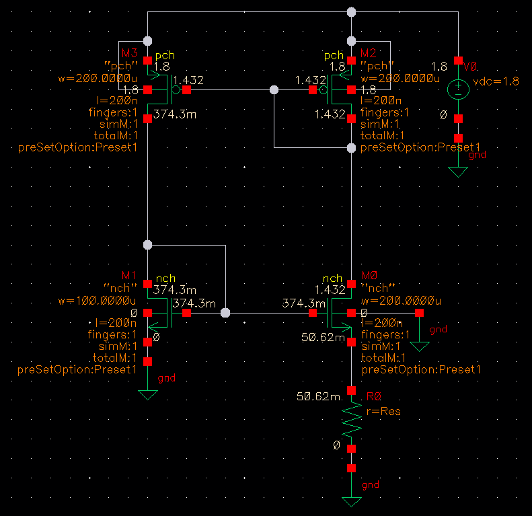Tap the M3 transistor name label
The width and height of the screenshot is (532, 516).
128,53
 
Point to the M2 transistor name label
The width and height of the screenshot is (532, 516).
369,53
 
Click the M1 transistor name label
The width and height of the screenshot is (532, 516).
128,276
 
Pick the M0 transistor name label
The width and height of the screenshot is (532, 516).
369,276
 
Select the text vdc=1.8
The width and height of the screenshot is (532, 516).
496,81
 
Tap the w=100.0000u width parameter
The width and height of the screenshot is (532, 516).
98,299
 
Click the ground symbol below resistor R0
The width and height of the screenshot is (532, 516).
351,501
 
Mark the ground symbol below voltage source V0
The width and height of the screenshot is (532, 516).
458,172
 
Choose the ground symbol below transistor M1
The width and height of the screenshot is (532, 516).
147,395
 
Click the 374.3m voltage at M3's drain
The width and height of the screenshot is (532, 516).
175,114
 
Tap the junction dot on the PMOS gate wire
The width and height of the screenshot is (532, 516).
274,89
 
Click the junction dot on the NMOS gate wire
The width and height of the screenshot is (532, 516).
225,313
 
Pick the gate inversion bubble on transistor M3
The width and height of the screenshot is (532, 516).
176,89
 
